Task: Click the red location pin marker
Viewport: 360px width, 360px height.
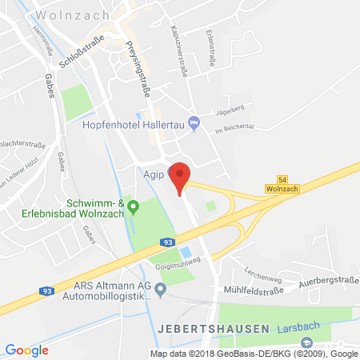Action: point(182,170)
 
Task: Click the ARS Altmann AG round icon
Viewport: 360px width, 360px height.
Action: point(161,288)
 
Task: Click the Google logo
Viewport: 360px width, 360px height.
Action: point(26,349)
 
